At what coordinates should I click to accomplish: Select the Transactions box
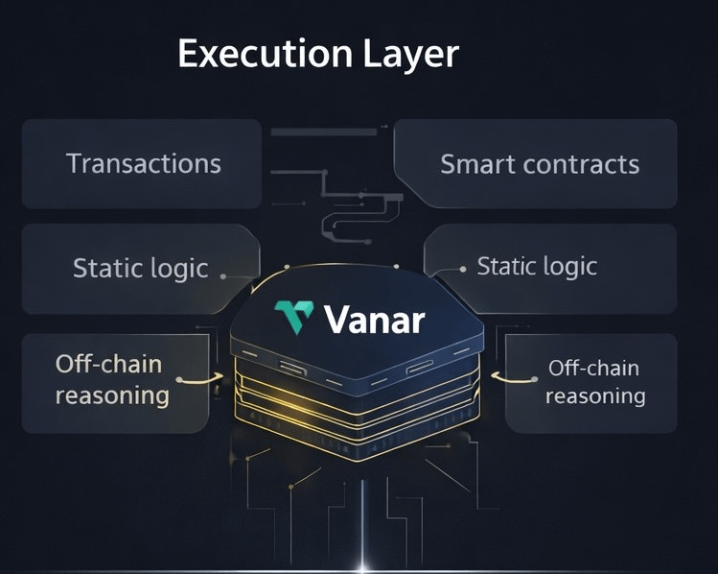tap(141, 163)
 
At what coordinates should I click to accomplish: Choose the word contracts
tap(581, 164)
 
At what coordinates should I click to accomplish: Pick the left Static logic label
tap(140, 268)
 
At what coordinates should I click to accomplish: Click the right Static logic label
tap(537, 266)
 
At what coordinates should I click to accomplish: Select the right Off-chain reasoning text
tap(594, 381)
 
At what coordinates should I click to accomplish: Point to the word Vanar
tap(374, 319)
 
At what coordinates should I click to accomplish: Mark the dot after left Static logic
tap(223, 275)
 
